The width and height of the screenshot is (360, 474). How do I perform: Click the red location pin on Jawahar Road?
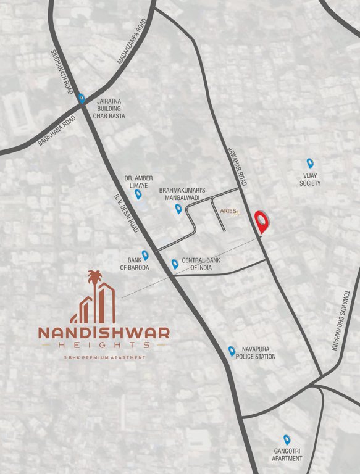(264, 222)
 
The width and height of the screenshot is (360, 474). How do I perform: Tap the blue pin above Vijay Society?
(310, 164)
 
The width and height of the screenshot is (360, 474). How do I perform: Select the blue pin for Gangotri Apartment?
(287, 439)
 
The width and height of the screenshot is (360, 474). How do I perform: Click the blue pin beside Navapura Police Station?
(232, 351)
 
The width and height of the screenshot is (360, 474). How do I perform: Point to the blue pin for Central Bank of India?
(175, 264)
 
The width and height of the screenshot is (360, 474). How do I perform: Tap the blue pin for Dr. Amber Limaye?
(138, 194)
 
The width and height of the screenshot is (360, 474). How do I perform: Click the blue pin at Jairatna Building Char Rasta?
(82, 98)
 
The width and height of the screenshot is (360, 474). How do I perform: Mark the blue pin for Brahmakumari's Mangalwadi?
(178, 209)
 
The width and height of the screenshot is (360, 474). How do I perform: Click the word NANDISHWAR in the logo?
(104, 333)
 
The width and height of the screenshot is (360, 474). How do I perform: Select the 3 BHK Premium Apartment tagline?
(104, 358)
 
